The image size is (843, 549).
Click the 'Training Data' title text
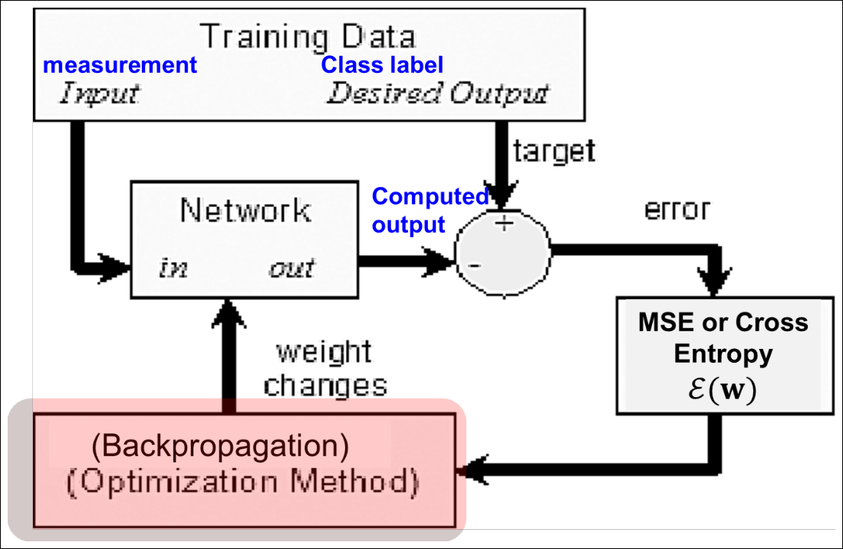click(308, 37)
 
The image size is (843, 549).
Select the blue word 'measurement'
click(120, 65)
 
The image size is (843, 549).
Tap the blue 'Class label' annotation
click(382, 64)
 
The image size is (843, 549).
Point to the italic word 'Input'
click(100, 94)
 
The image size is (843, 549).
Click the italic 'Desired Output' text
click(438, 93)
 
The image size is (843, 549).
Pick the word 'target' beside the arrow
click(554, 151)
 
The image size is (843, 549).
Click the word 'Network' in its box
click(245, 210)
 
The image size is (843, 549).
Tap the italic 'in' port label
click(173, 267)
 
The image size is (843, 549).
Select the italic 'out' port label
click(291, 268)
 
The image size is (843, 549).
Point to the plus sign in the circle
click(504, 223)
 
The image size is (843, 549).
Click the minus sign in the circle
click(474, 265)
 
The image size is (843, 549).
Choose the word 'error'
click(677, 209)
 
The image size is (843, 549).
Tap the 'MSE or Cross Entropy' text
click(723, 338)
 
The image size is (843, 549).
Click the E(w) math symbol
click(722, 390)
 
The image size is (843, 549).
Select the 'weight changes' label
click(324, 369)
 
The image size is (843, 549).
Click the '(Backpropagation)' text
click(220, 445)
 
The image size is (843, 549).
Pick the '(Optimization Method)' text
click(243, 482)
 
